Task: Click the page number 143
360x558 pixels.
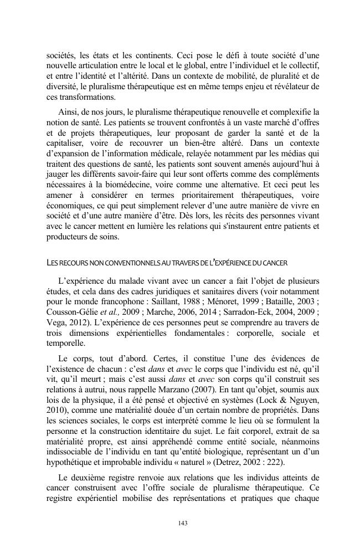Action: (180, 522)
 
